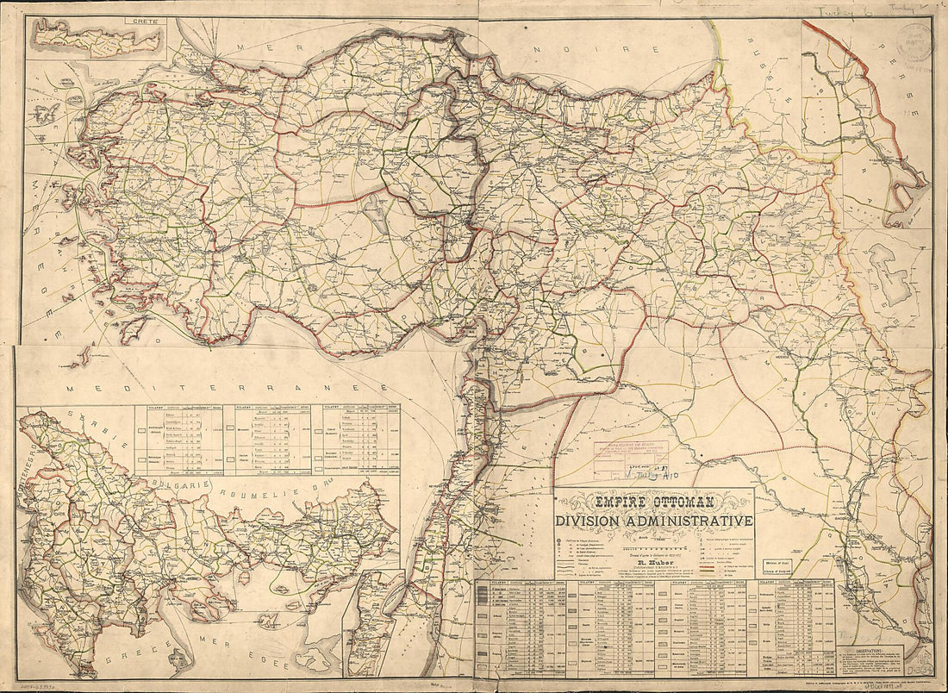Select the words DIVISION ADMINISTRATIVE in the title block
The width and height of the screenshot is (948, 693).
654,521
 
